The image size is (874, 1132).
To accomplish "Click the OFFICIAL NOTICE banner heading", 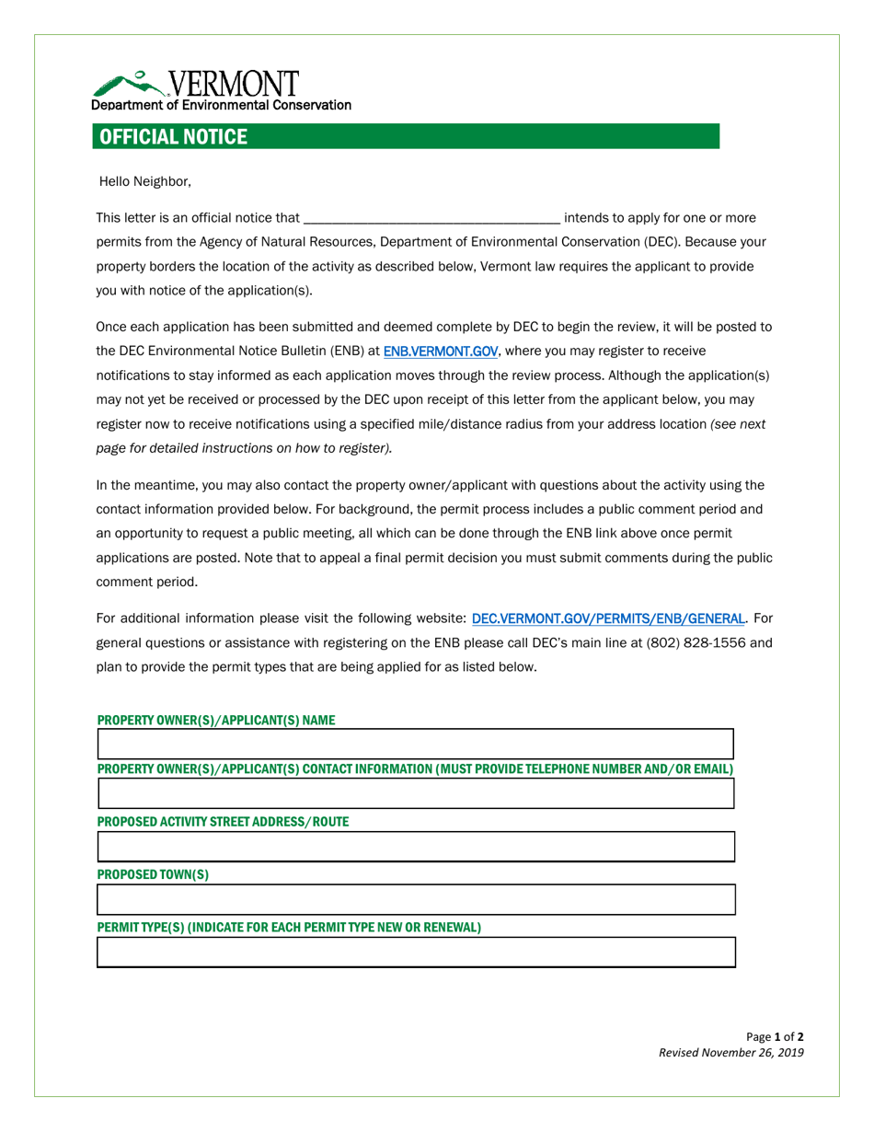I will tap(173, 137).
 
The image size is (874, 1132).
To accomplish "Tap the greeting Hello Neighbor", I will tap(144, 181).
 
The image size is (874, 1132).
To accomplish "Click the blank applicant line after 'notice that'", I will tap(431, 219).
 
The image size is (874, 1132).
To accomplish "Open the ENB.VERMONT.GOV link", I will tap(440, 352).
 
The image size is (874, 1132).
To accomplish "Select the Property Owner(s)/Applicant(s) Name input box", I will tap(415, 745).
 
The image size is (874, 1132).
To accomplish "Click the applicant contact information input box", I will tap(415, 793).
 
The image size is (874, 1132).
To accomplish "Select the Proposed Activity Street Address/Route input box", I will tap(415, 847).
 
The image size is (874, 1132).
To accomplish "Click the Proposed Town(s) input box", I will tap(415, 899).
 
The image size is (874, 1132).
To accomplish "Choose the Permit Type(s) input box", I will tap(415, 953).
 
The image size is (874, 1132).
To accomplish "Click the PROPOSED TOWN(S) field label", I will tap(153, 874).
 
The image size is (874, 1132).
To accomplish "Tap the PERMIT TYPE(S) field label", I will tap(289, 927).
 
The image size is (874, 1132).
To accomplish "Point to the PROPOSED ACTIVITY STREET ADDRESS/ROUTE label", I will tap(223, 821).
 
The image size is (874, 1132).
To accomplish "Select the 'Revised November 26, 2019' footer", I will tap(730, 1053).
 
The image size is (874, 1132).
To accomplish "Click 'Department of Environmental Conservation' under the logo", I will tap(221, 105).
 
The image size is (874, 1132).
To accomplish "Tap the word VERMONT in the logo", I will tap(236, 83).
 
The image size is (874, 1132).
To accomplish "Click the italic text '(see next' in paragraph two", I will tap(739, 424).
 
